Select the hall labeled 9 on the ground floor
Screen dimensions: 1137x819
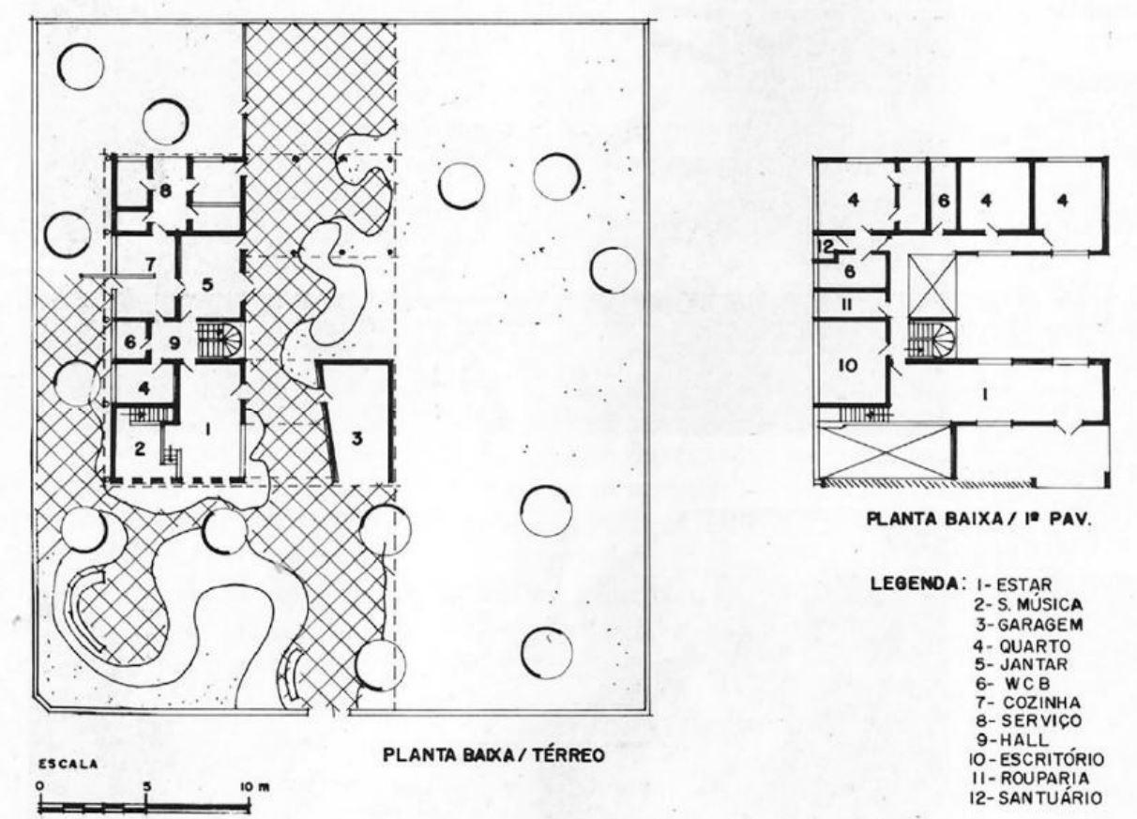click(x=174, y=343)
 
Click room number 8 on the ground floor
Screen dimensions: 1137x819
click(x=165, y=192)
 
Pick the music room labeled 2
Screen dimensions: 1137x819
click(x=140, y=447)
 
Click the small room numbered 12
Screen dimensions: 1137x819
click(x=826, y=246)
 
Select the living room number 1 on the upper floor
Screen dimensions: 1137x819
click(x=984, y=395)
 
